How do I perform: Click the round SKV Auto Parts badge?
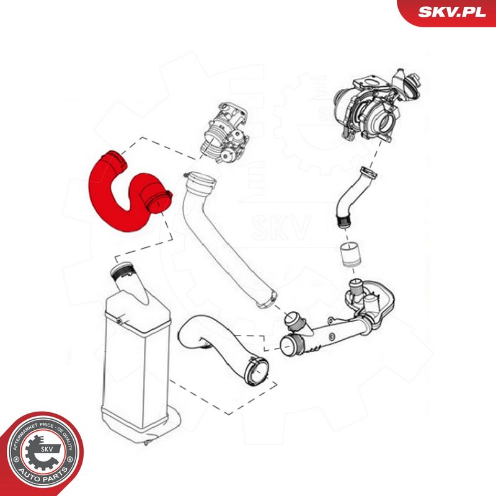tap(42, 453)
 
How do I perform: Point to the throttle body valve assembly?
tap(225, 132)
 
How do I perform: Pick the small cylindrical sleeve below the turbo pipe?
tap(350, 255)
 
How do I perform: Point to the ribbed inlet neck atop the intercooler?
tap(124, 271)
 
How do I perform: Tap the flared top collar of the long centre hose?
tap(200, 181)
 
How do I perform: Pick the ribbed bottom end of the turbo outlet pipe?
tap(343, 221)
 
